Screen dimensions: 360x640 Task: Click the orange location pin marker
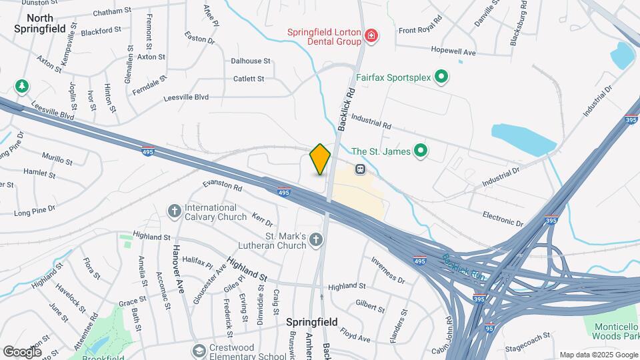coord(320,159)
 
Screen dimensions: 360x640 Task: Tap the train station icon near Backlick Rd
coord(360,169)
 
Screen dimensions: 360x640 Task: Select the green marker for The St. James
coord(420,151)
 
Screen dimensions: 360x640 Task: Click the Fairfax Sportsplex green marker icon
coord(441,78)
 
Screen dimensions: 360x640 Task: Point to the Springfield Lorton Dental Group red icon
coord(370,36)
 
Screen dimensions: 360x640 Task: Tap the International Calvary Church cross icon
coord(174,211)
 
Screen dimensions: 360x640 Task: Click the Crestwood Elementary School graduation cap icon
coord(199,351)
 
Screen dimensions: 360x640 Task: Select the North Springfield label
coord(41,23)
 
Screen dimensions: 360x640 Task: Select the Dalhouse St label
coord(250,61)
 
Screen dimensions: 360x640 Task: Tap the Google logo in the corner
coord(22,351)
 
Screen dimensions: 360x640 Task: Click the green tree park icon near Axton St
coord(22,86)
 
